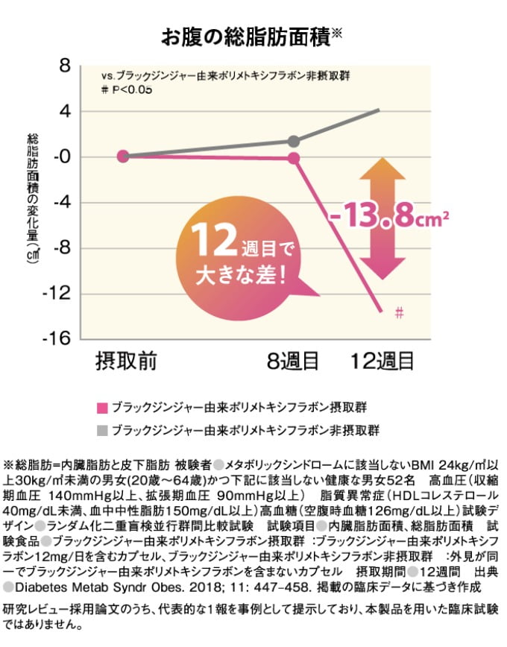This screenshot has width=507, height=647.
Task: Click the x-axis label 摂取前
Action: click(125, 362)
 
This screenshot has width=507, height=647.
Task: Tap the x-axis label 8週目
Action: click(294, 362)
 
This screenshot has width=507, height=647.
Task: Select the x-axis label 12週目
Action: click(383, 362)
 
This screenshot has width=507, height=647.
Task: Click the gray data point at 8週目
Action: click(294, 141)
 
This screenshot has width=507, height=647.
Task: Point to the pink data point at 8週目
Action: click(294, 158)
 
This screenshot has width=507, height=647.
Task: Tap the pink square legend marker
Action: click(102, 407)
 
